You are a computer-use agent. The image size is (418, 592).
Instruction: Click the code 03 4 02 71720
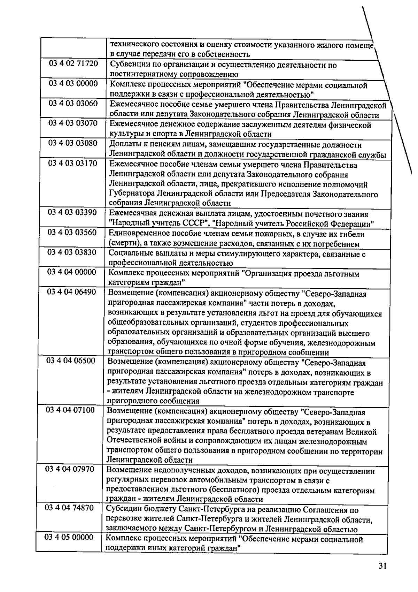[73, 64]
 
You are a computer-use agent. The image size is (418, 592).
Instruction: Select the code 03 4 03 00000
[73, 84]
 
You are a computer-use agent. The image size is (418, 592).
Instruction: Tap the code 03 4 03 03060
[73, 104]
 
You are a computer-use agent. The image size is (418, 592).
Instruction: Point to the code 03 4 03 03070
[73, 123]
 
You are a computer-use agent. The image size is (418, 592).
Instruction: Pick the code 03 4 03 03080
[73, 143]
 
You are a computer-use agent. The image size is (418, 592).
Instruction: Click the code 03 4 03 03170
[73, 163]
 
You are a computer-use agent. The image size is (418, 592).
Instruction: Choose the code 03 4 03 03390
[72, 212]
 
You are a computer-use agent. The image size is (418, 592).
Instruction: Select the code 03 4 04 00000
[72, 272]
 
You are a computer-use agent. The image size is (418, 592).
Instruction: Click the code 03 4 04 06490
[71, 292]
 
